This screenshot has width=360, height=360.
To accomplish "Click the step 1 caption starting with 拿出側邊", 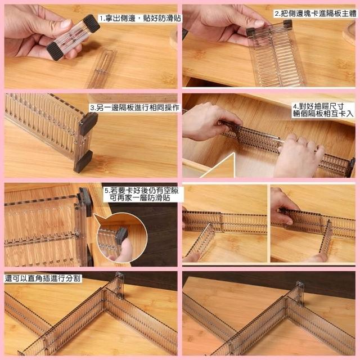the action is [140, 19].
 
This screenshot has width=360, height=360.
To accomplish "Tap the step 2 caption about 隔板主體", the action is [316, 13].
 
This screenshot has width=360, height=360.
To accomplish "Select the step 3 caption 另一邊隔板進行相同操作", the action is [134, 107].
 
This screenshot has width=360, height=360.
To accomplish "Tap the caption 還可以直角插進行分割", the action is [43, 278].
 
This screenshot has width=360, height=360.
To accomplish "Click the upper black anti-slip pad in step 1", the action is [91, 24].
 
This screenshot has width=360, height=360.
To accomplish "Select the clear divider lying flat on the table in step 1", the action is [101, 69].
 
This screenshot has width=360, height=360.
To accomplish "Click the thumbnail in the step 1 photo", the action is [65, 24].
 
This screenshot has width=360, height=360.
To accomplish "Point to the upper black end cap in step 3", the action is [88, 123].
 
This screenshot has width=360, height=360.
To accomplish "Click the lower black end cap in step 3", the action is [83, 161].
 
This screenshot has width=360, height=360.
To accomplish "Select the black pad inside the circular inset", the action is [121, 235].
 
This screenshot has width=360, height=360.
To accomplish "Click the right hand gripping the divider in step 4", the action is [298, 156].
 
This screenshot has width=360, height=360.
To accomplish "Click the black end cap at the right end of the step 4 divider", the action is [351, 167].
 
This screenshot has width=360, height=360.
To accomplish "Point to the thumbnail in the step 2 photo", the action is [259, 24].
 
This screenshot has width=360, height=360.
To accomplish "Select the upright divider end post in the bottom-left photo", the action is [120, 285].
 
